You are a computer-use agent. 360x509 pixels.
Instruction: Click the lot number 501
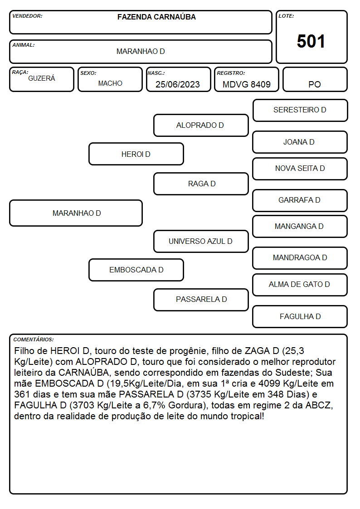click(311, 42)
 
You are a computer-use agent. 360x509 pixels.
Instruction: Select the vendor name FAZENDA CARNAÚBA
click(156, 17)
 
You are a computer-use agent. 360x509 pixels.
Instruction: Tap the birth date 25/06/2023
click(178, 84)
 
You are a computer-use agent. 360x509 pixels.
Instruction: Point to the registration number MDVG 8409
click(246, 84)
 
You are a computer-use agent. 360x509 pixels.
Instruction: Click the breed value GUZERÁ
click(42, 78)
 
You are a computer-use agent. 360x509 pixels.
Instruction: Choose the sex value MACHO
click(110, 83)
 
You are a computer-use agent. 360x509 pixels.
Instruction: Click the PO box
click(315, 79)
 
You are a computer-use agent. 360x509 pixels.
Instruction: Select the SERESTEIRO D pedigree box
click(300, 111)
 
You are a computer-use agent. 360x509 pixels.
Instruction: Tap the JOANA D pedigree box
click(300, 142)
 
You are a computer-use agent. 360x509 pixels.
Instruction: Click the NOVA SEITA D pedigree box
click(300, 169)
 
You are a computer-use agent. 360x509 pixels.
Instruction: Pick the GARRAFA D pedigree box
click(300, 201)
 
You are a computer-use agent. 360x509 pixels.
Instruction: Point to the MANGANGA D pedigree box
click(300, 227)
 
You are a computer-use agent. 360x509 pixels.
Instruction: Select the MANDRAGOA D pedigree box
click(300, 258)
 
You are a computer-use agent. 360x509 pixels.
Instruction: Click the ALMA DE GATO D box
click(300, 285)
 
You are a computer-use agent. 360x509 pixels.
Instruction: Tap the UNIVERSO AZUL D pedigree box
click(201, 242)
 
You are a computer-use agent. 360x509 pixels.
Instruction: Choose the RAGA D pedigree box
click(201, 184)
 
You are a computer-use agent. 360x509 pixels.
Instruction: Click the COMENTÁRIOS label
click(34, 339)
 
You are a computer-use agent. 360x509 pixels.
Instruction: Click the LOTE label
click(286, 16)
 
